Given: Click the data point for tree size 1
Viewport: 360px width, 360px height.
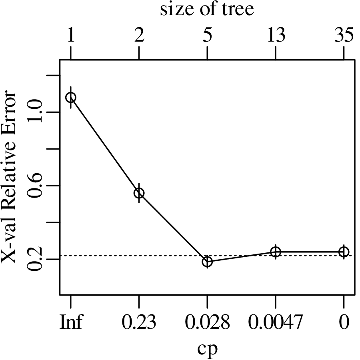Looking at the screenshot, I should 71,97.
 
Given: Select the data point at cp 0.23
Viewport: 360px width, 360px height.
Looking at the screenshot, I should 139,193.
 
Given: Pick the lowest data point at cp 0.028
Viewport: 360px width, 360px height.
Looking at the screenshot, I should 207,262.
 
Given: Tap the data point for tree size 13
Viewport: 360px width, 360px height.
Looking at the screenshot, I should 276,252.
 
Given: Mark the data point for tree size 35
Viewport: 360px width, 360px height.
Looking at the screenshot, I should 344,252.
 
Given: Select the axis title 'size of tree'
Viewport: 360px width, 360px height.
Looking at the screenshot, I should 207,10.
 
